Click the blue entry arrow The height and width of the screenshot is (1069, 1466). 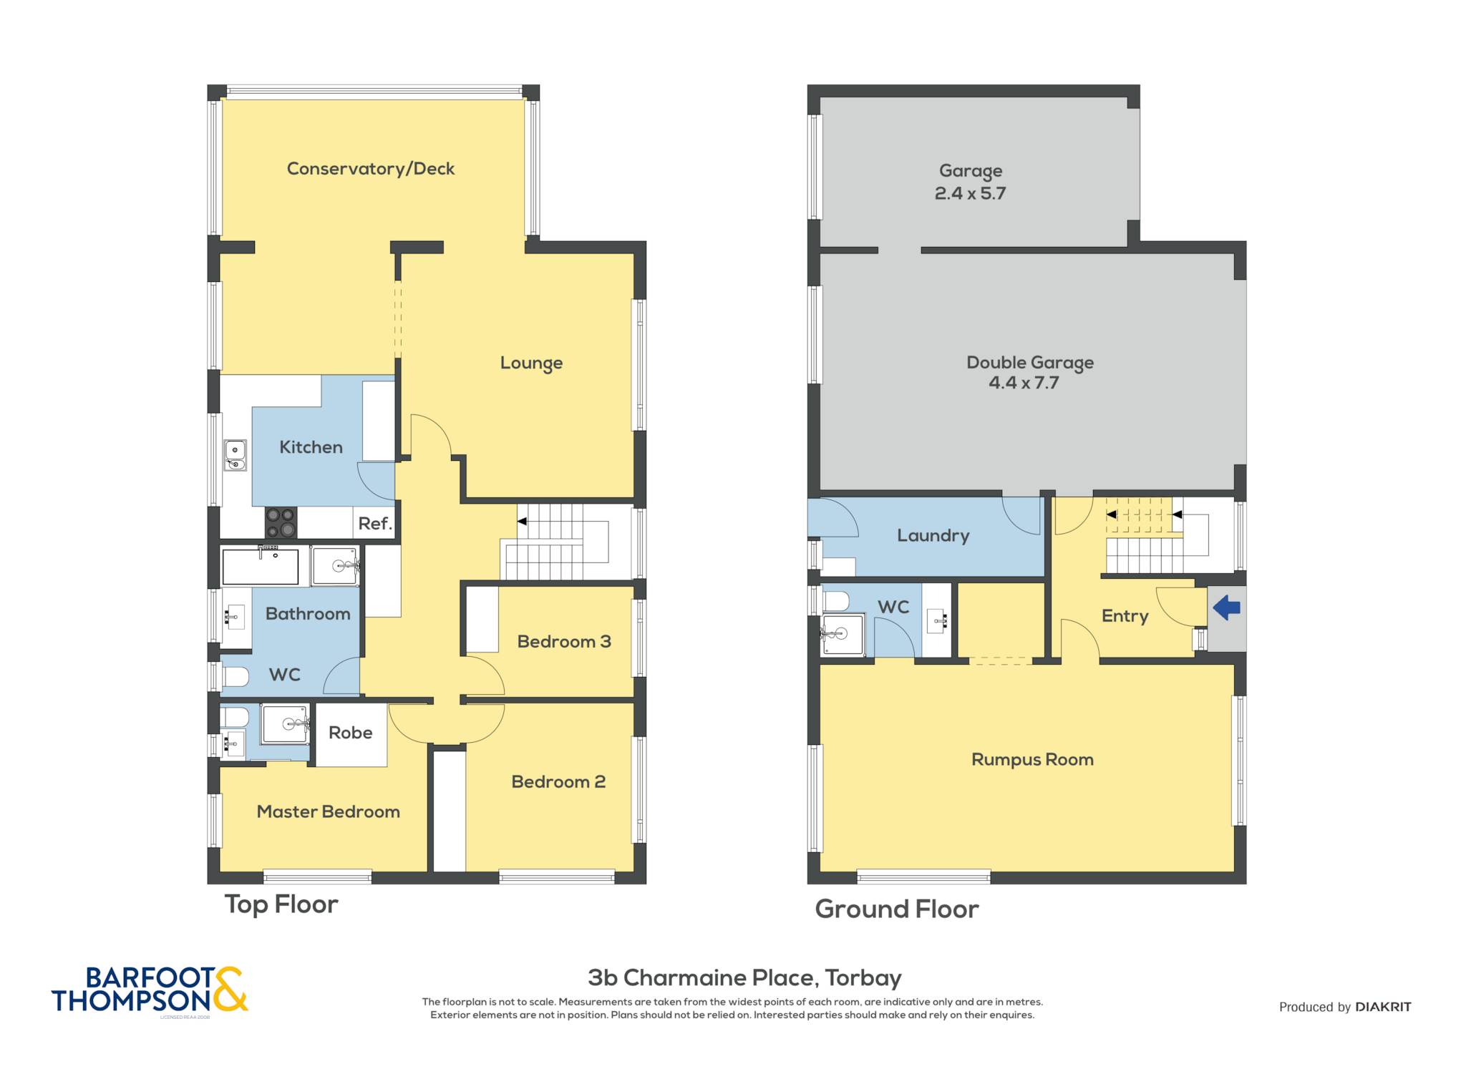pyautogui.click(x=1226, y=608)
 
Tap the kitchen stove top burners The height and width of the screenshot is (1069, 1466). pyautogui.click(x=281, y=522)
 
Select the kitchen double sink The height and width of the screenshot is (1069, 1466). pyautogui.click(x=235, y=455)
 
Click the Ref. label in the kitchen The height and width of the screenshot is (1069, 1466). pyautogui.click(x=375, y=524)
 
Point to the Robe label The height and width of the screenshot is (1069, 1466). pyautogui.click(x=351, y=733)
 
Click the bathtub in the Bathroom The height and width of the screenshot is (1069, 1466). pyautogui.click(x=260, y=566)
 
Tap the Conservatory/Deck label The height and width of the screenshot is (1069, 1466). pyautogui.click(x=371, y=169)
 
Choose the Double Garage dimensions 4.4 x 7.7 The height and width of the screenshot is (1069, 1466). pyautogui.click(x=1024, y=383)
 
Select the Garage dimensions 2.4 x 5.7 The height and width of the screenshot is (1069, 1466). pyautogui.click(x=971, y=193)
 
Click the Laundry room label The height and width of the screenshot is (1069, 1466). pyautogui.click(x=933, y=536)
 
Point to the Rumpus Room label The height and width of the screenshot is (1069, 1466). pyautogui.click(x=1032, y=760)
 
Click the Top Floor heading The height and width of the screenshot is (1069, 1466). pyautogui.click(x=281, y=904)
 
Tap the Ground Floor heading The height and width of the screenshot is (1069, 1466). pyautogui.click(x=897, y=909)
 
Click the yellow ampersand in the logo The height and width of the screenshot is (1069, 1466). pyautogui.click(x=230, y=990)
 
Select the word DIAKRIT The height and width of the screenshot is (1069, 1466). pyautogui.click(x=1383, y=1007)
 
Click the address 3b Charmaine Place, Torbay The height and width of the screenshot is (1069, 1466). pyautogui.click(x=744, y=977)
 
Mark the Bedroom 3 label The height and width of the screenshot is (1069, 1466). pyautogui.click(x=564, y=642)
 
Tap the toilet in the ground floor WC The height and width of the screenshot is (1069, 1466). pyautogui.click(x=836, y=601)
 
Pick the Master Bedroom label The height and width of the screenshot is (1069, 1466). pyautogui.click(x=329, y=811)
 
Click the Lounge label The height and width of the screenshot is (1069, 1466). pyautogui.click(x=531, y=363)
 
